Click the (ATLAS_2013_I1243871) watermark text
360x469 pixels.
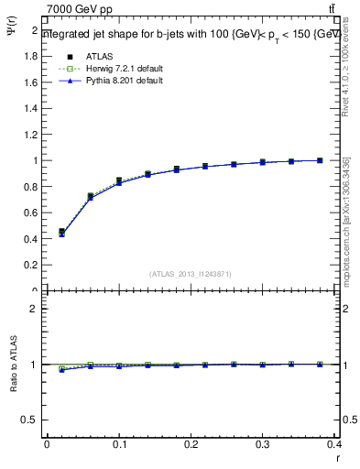[190, 275]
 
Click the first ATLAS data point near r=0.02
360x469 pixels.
[61, 232]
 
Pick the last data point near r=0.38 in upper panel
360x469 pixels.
[320, 160]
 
